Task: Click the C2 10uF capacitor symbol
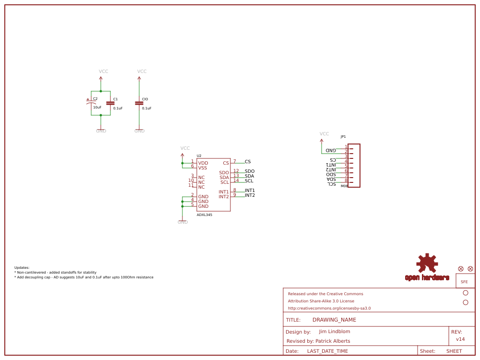(x=91, y=103)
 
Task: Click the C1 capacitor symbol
(x=110, y=103)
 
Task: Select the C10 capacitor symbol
(x=139, y=103)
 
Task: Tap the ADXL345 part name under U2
(x=204, y=215)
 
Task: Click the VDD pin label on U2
(x=203, y=163)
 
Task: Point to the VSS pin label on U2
(x=203, y=168)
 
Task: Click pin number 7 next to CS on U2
(x=234, y=161)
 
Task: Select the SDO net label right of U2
(x=250, y=171)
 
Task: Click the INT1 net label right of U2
(x=250, y=191)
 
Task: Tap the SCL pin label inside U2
(x=225, y=182)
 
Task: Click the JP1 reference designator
(x=343, y=137)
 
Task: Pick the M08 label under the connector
(x=344, y=186)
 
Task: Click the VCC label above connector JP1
(x=324, y=134)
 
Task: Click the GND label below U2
(x=182, y=222)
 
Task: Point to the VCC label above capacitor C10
(x=142, y=72)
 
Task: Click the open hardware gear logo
(x=427, y=264)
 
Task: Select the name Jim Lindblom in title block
(x=335, y=332)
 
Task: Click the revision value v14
(x=460, y=339)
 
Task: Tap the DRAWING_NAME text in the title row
(x=334, y=320)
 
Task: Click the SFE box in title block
(x=464, y=282)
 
